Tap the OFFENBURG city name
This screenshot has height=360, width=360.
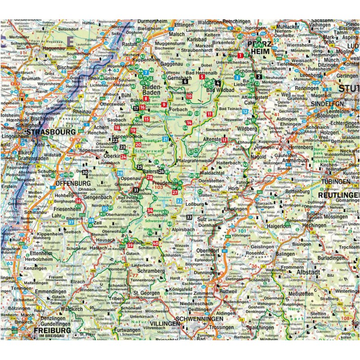[73, 184]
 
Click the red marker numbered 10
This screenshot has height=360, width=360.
[189, 96]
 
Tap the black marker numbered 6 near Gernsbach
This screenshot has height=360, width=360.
[185, 81]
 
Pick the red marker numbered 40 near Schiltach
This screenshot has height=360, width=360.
[156, 243]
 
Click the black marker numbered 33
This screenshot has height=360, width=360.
[189, 217]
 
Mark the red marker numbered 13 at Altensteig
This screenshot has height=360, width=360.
[224, 140]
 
